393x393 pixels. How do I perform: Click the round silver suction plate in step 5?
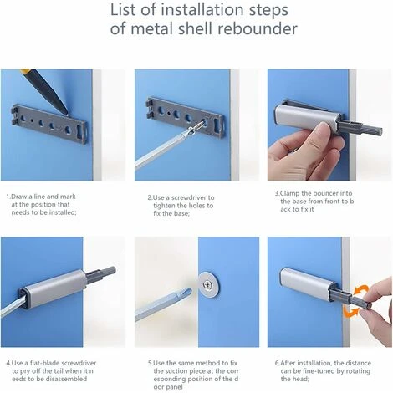tap(208, 285)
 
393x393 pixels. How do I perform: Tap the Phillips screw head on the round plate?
tap(207, 285)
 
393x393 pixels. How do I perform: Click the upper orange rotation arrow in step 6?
tap(361, 291)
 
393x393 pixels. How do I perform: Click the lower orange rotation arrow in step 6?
tap(350, 311)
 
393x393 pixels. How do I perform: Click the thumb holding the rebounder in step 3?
tap(329, 133)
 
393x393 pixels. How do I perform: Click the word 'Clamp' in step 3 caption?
tap(289, 193)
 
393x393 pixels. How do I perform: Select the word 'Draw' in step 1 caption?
tap(18, 196)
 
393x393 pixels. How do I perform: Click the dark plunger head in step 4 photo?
tap(109, 271)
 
